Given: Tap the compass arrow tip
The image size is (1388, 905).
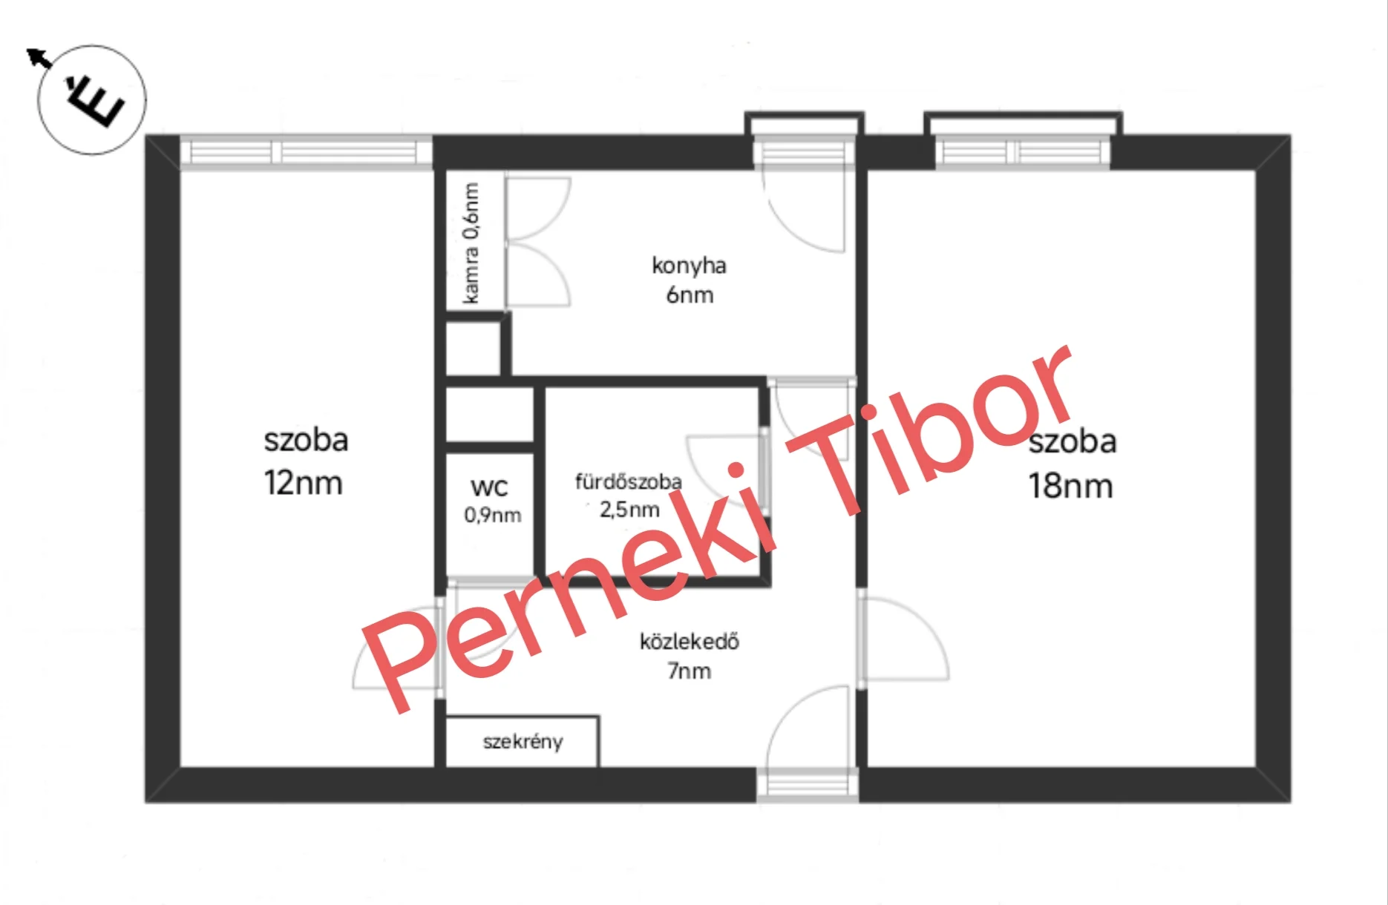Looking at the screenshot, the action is (x=27, y=50).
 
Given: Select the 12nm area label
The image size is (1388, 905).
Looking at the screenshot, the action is (x=304, y=483).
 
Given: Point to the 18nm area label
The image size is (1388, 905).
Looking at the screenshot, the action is (x=1070, y=486).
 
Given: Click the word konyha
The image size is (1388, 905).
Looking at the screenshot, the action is (x=689, y=266).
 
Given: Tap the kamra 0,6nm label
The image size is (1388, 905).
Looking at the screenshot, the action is (x=471, y=243).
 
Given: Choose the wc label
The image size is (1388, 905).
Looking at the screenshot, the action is (x=489, y=487).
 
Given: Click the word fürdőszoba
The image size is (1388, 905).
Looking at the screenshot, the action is (x=628, y=481).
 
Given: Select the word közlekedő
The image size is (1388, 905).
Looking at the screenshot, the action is (x=690, y=640).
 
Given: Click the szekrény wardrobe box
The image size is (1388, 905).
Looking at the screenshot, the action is (x=522, y=741).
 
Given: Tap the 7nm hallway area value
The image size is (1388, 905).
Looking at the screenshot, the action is (x=689, y=671).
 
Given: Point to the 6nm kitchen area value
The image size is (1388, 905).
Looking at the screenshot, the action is (x=690, y=294).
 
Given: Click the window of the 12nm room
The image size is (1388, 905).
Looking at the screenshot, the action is (x=307, y=152).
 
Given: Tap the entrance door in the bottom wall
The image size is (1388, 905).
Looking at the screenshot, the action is (x=808, y=785).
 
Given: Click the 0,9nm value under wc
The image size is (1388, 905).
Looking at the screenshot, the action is (x=493, y=515).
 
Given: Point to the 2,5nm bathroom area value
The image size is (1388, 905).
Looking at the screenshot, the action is (x=629, y=510).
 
